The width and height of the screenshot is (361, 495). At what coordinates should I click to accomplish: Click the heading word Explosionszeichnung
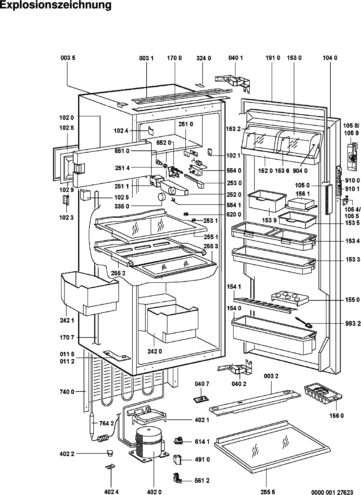[x=56, y=5]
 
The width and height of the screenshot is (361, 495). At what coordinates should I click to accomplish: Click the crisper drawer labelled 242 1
[x=89, y=293]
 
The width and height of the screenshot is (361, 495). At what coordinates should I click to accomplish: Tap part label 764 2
[x=106, y=423]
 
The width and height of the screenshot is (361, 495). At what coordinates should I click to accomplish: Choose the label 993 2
[x=353, y=324]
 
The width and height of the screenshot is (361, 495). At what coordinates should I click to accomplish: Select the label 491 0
[x=202, y=460]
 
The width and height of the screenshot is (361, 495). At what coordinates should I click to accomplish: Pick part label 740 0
[x=67, y=392]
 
